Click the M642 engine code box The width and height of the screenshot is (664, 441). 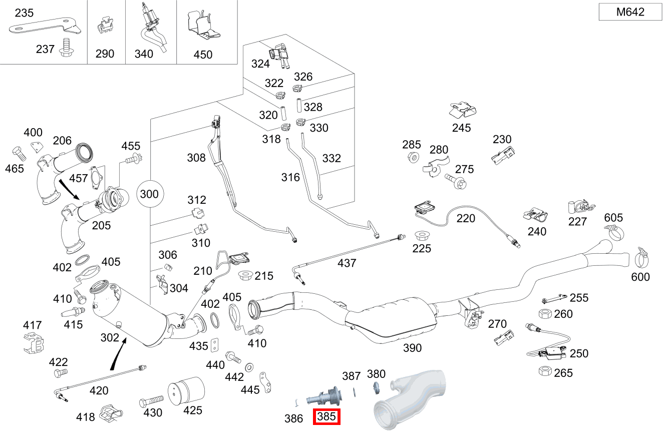tap(630, 12)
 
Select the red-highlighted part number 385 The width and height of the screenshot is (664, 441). tap(326, 416)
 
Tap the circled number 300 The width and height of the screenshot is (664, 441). tap(149, 194)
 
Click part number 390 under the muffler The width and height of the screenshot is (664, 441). tap(412, 348)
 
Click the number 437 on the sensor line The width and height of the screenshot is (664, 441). tap(347, 263)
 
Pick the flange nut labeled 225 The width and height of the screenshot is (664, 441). tap(422, 235)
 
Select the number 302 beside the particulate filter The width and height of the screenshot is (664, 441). tap(110, 337)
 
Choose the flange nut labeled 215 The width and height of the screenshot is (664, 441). tap(246, 275)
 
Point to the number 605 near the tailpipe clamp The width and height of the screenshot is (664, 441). tap(613, 218)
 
